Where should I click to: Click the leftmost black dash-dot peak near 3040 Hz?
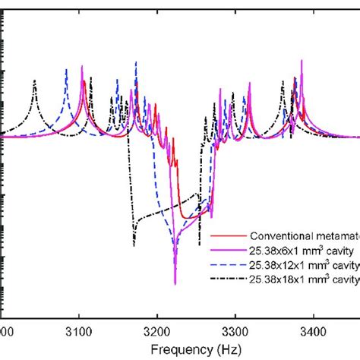click(x=33, y=81)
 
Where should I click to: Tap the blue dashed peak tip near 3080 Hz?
click(x=66, y=70)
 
